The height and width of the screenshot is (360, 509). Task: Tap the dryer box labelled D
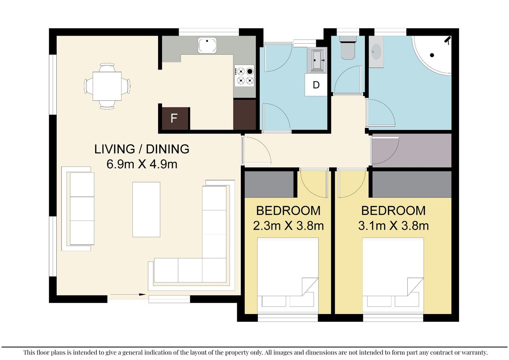[x=316, y=85]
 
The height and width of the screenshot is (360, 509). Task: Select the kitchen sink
[x=207, y=45]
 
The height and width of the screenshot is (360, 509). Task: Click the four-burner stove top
[x=245, y=76]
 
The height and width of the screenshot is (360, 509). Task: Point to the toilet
[x=348, y=48]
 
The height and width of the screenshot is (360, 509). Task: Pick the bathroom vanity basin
[x=376, y=52]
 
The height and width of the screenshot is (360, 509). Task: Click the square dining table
[x=107, y=86]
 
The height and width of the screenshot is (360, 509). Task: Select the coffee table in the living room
[x=146, y=209]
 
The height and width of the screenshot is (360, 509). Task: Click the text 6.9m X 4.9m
[x=142, y=164]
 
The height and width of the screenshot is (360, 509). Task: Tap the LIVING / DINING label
[x=142, y=149]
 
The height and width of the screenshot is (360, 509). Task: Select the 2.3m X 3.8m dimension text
[x=288, y=225]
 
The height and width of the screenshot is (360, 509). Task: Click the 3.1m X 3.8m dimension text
[x=393, y=225]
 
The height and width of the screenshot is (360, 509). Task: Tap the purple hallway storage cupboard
[x=411, y=150]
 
